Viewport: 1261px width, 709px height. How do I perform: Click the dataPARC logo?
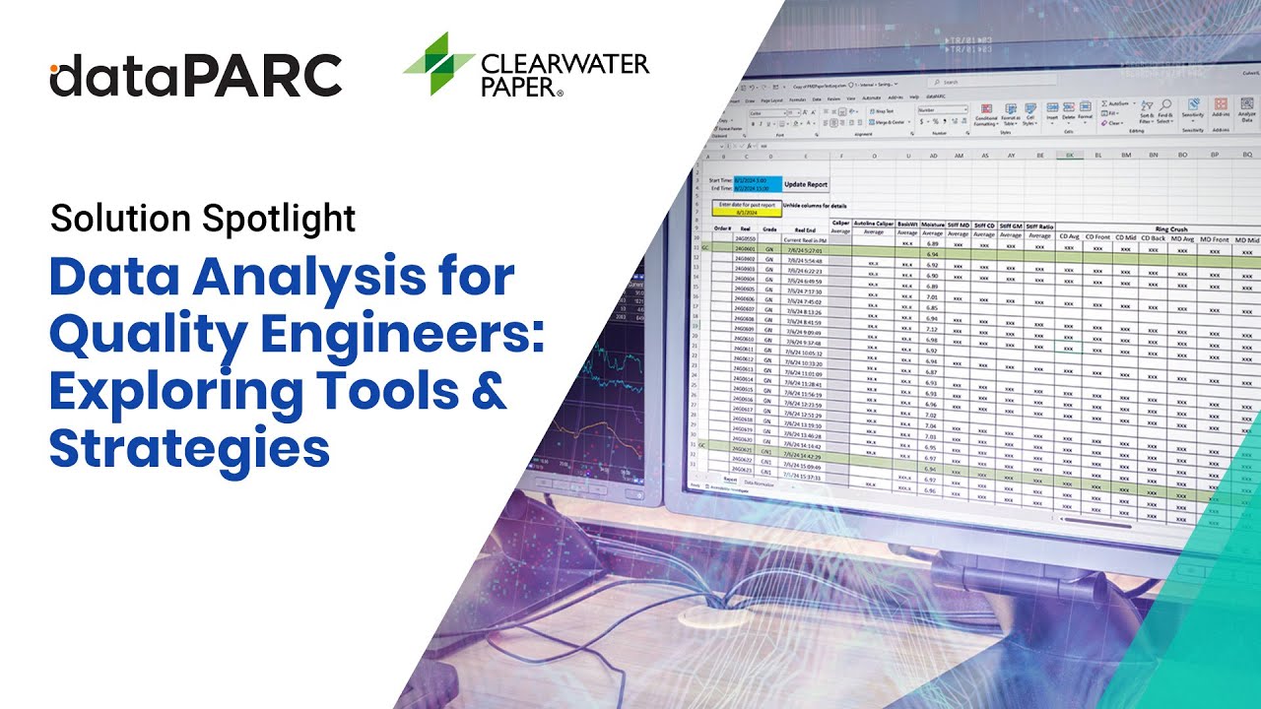195,75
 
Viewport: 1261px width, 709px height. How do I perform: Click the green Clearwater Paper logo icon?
438,63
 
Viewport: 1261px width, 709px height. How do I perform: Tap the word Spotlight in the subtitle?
280,218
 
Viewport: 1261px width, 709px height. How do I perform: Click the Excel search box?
995,83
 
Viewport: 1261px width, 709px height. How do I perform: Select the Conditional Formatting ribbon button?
987,115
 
